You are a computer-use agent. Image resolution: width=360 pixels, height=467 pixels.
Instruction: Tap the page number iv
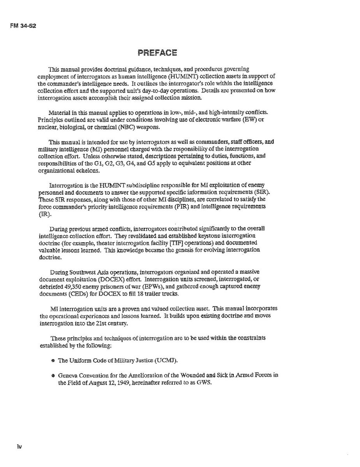coord(19,446)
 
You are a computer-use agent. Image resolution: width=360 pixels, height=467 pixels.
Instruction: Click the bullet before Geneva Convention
coord(53,376)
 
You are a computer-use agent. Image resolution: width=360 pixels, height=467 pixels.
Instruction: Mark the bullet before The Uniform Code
coord(53,361)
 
